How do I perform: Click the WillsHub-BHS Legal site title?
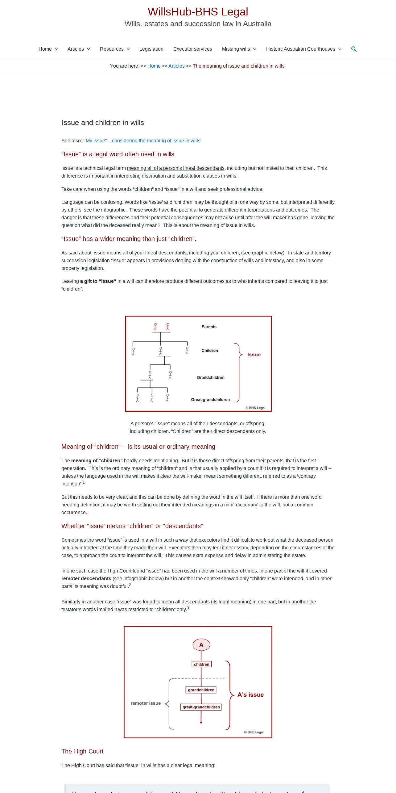(x=198, y=12)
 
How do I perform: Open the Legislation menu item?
(x=151, y=49)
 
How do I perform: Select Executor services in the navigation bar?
(x=192, y=49)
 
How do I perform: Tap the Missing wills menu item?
(x=236, y=49)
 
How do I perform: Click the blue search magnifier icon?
(x=354, y=49)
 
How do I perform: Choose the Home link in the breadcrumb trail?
(x=154, y=66)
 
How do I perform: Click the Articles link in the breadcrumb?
(x=176, y=66)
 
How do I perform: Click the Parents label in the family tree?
(x=209, y=327)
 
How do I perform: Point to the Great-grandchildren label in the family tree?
(x=210, y=400)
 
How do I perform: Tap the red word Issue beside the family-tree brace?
(x=254, y=355)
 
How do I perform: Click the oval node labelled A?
(x=201, y=645)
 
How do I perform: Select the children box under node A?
(x=201, y=664)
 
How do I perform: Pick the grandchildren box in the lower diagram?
(x=201, y=690)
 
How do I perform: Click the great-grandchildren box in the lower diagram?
(x=201, y=707)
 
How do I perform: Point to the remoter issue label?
(x=146, y=703)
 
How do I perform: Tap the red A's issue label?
(x=250, y=695)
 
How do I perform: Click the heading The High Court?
(x=82, y=751)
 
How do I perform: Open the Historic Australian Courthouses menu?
(x=300, y=49)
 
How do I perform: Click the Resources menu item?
(x=112, y=49)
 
